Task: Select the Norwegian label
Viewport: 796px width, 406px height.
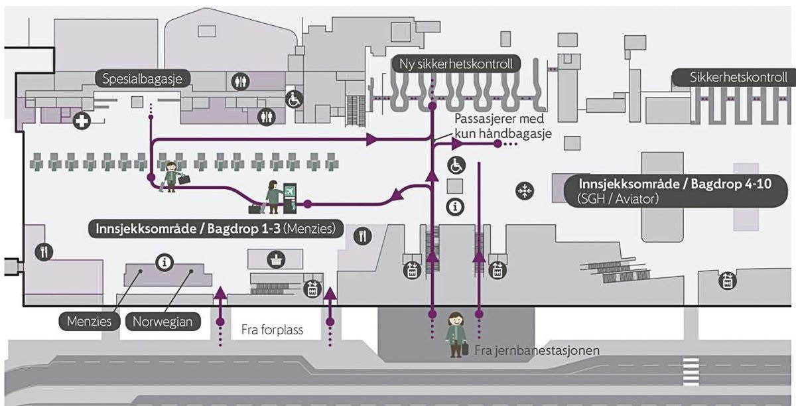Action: coord(163,322)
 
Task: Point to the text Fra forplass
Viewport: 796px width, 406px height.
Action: coord(272,330)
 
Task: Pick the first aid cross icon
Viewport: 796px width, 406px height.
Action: coord(82,122)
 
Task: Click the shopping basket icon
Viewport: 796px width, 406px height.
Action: coord(275,259)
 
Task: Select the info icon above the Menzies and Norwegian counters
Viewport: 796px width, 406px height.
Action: coord(164,263)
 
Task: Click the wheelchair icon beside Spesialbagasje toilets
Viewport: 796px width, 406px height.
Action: coord(294,100)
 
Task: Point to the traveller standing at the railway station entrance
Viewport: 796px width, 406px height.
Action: coord(456,334)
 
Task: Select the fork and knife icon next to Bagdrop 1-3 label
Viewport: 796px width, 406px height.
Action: coord(362,236)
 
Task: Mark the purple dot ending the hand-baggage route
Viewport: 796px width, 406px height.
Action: coord(497,144)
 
